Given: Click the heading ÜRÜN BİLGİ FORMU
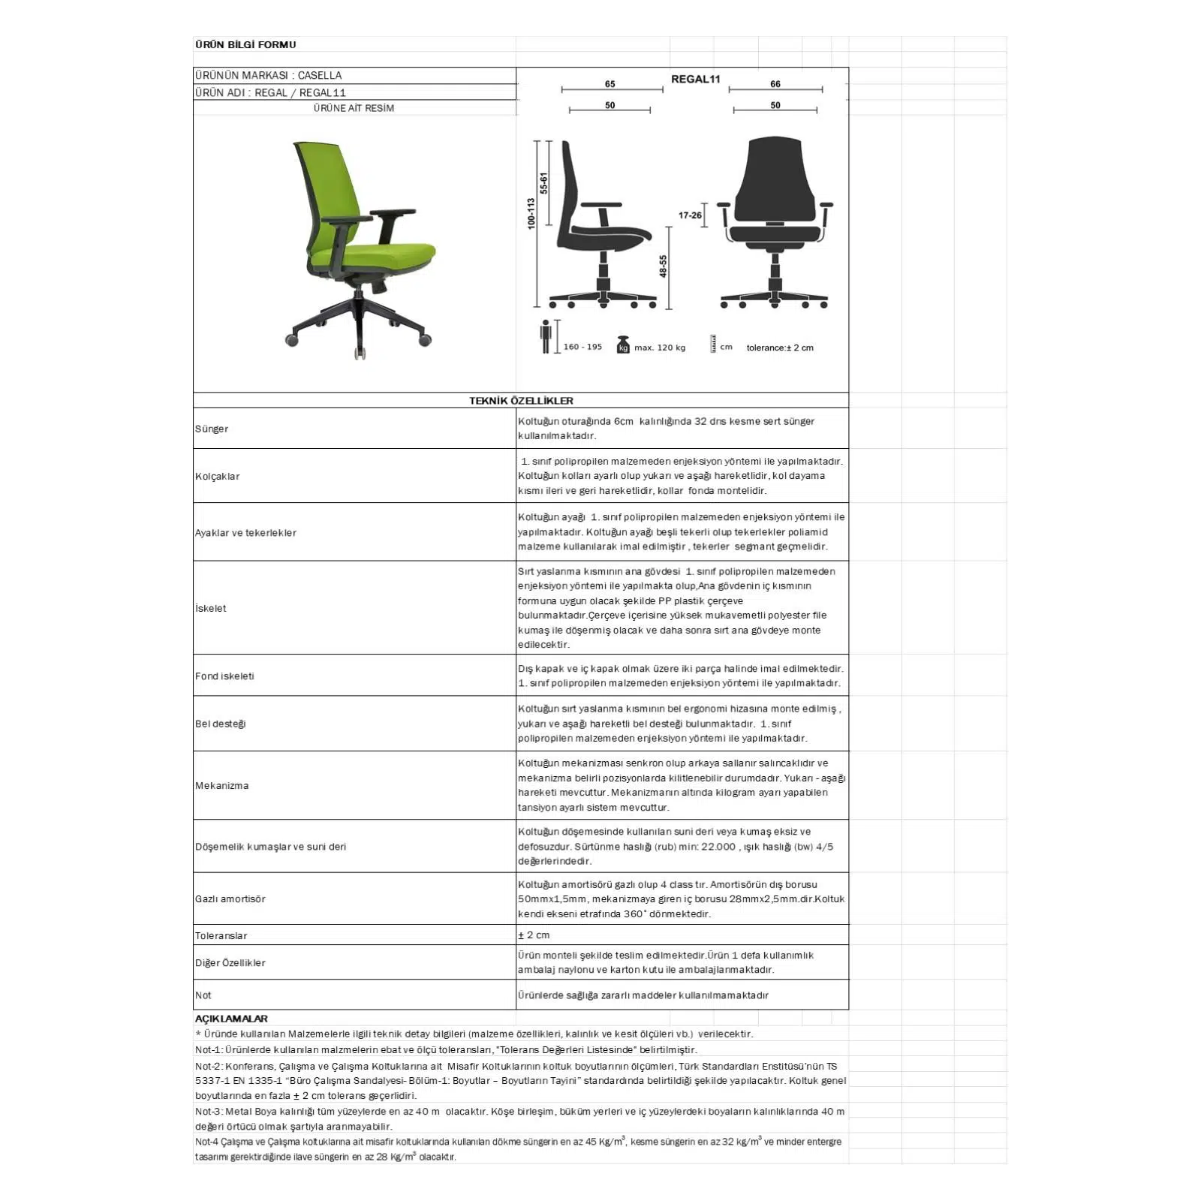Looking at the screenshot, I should (x=245, y=44).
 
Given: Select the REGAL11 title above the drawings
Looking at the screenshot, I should (x=695, y=79).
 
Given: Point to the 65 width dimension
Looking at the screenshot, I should (x=610, y=84).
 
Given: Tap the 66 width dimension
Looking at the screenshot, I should (x=775, y=84).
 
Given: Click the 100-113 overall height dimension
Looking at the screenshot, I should (x=531, y=213).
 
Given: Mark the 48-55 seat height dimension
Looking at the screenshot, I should (x=663, y=266).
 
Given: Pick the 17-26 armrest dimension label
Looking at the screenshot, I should (x=690, y=215).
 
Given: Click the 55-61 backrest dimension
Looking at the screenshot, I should (x=543, y=183).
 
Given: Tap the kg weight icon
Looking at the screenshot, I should (x=622, y=345).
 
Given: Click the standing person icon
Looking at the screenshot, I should (x=546, y=336).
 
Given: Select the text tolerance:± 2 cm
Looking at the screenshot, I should (x=779, y=348).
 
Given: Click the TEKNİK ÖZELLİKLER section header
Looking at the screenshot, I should (x=521, y=401).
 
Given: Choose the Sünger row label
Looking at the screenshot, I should (x=212, y=429).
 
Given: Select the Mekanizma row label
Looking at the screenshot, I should (x=221, y=785).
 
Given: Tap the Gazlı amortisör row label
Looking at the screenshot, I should (x=230, y=898).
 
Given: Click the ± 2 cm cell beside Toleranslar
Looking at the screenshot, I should (x=534, y=935).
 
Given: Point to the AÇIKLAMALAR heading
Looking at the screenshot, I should (x=231, y=1019).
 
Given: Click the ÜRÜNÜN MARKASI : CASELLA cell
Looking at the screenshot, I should (x=268, y=75).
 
